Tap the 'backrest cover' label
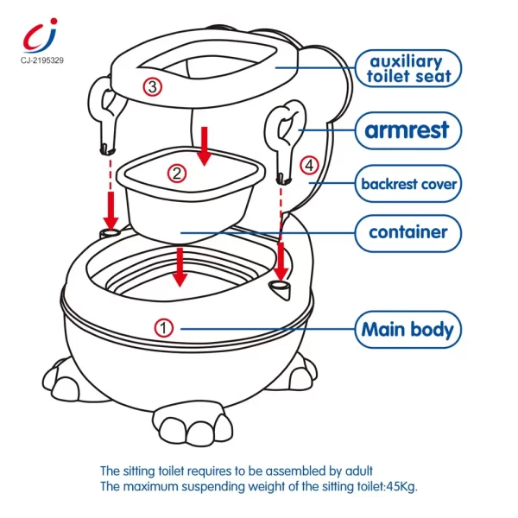click(x=407, y=184)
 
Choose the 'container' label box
click(x=407, y=232)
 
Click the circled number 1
click(x=164, y=328)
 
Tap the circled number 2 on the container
click(x=177, y=174)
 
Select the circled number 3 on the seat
click(x=152, y=86)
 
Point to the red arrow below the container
click(x=179, y=267)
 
